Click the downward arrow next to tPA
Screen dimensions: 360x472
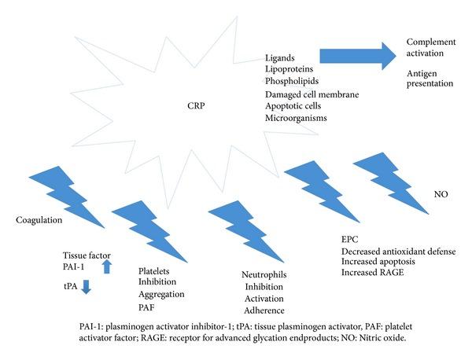pyautogui.click(x=87, y=288)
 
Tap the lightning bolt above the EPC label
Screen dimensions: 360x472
pyautogui.click(x=315, y=189)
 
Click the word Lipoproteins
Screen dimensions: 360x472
pyautogui.click(x=289, y=69)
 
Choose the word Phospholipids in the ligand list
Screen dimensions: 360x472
pyautogui.click(x=292, y=82)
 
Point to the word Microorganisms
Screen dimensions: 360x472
pyautogui.click(x=296, y=119)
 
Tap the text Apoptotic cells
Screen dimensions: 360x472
pyautogui.click(x=294, y=106)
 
